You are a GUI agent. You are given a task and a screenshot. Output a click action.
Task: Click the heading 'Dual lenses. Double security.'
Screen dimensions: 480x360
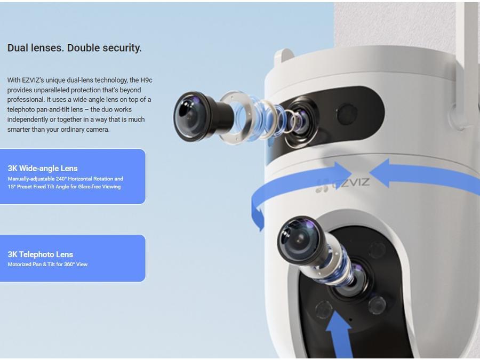click(x=74, y=48)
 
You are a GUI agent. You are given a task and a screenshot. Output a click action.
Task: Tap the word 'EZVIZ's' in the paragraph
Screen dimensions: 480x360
click(x=33, y=80)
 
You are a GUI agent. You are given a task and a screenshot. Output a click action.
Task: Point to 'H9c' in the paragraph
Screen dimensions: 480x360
click(x=146, y=80)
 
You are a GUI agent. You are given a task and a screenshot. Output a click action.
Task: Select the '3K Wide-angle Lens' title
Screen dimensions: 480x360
click(x=43, y=169)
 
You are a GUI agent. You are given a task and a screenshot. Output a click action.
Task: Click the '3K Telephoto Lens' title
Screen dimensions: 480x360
click(x=41, y=254)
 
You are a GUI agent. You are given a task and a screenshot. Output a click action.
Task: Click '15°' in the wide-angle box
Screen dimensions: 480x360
click(x=12, y=187)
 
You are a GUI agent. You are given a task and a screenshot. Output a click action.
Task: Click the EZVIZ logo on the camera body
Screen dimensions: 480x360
click(x=343, y=183)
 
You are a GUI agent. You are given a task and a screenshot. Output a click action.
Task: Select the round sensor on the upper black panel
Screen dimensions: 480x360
click(x=346, y=113)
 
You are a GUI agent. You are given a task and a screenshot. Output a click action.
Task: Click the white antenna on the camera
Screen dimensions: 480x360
click(x=468, y=61)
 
